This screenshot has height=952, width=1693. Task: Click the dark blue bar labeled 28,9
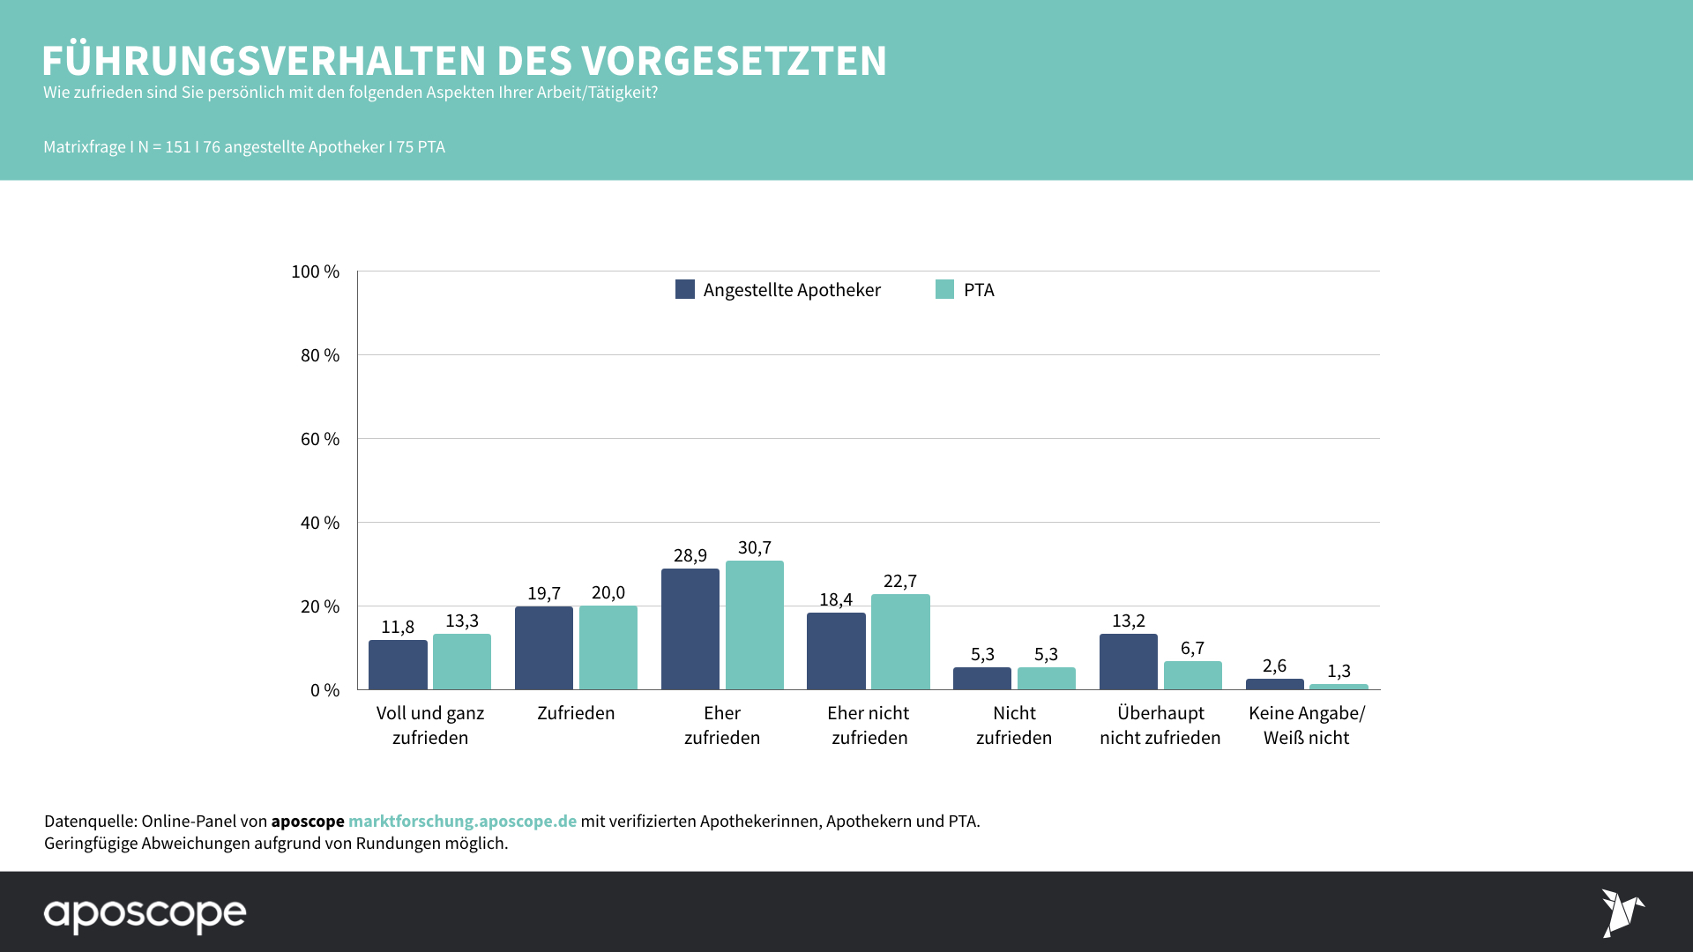(x=690, y=629)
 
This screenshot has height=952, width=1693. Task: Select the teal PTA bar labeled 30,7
(x=754, y=625)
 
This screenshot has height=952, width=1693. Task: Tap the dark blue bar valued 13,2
(x=1128, y=661)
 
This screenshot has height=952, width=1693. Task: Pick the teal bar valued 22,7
(x=900, y=642)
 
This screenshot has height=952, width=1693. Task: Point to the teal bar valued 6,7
(x=1192, y=675)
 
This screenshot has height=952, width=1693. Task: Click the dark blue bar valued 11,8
(x=398, y=665)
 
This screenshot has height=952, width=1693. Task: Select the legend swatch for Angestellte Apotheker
(x=685, y=289)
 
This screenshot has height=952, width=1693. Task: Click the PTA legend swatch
(x=944, y=289)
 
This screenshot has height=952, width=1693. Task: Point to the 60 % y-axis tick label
(x=319, y=439)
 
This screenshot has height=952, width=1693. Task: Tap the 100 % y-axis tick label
(x=315, y=271)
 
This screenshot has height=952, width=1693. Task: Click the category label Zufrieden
(x=576, y=713)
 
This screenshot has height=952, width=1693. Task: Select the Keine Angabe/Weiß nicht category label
(x=1306, y=725)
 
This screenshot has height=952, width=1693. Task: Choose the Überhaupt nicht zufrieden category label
(x=1160, y=725)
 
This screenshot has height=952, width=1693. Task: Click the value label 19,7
(x=544, y=593)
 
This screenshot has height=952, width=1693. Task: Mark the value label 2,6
(x=1274, y=666)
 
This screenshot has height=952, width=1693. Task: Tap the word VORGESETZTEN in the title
(x=734, y=61)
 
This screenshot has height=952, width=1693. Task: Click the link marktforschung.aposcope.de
(x=462, y=821)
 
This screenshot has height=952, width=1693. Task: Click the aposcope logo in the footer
(x=145, y=914)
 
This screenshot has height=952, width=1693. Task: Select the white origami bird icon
(x=1622, y=912)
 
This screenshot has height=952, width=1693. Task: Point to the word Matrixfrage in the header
(x=85, y=147)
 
